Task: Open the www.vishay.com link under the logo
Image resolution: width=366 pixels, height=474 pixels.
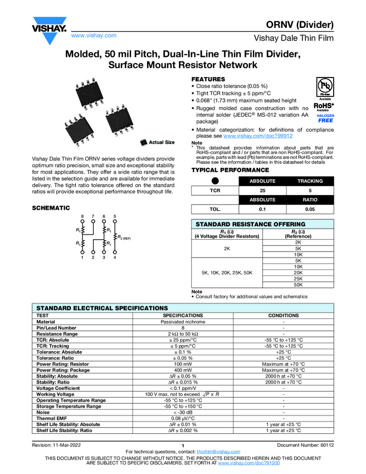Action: pos(94,35)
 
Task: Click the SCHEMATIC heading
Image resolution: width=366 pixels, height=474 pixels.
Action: pos(51,207)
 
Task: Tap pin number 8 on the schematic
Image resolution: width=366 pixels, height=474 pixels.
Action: pos(83,216)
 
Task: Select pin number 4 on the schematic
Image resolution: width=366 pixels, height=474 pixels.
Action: pos(115,257)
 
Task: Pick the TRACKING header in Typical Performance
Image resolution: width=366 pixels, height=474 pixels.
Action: pos(310,181)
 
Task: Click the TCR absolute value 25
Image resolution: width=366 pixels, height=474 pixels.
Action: pos(262,190)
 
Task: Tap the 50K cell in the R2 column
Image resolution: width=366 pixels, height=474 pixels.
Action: pos(297,284)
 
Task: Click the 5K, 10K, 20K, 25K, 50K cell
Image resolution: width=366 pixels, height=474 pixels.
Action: pos(227,272)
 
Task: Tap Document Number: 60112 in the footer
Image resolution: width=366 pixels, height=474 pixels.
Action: pos(305,444)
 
